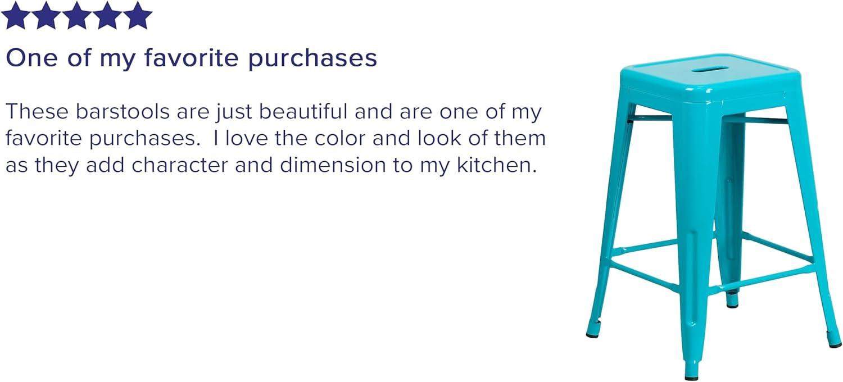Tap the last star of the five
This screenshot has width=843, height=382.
(x=137, y=16)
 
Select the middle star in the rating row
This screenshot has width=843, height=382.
(x=76, y=16)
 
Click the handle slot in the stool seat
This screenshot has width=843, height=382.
(x=710, y=69)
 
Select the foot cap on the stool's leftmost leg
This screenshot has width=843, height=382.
(x=592, y=335)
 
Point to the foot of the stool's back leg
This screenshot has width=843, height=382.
(x=732, y=304)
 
